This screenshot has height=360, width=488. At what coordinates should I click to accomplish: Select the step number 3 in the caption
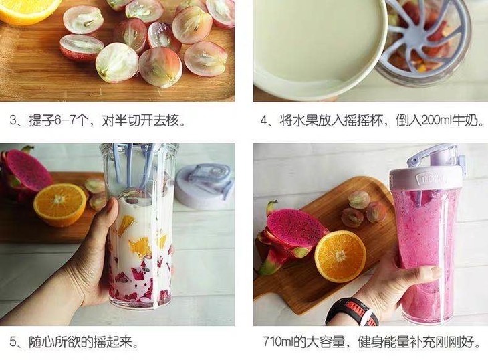click(13, 120)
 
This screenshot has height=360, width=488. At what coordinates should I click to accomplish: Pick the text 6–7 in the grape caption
click(65, 120)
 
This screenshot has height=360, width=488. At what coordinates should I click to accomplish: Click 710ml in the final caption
click(277, 342)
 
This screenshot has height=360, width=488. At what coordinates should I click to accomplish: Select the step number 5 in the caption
click(13, 342)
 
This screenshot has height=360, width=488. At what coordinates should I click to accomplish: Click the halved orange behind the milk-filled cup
click(59, 205)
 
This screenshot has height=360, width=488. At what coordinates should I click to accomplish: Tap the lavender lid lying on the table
click(204, 186)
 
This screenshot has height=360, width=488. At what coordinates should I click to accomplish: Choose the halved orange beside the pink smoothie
click(340, 256)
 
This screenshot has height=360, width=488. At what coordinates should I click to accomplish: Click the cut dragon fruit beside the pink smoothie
click(289, 237)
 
